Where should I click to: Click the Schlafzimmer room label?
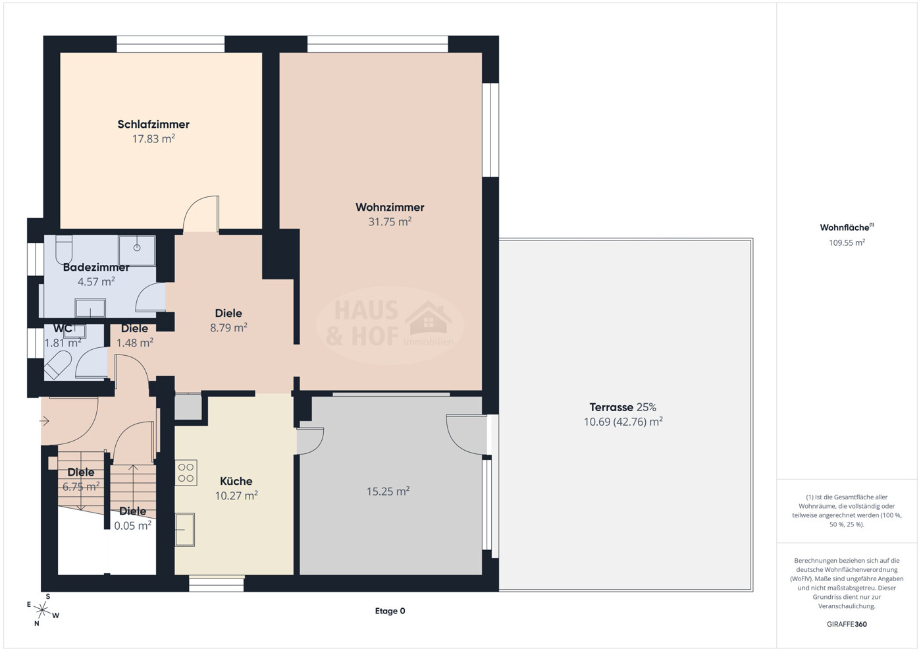tap(153, 125)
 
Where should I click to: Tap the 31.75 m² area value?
tap(390, 222)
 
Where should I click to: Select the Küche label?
tap(236, 481)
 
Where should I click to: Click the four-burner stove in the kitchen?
tap(186, 473)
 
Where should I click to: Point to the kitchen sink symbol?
tap(185, 530)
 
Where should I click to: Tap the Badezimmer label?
tap(96, 268)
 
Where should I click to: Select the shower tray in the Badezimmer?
tap(137, 250)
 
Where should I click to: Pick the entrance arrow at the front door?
tap(44, 421)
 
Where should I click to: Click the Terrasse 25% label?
tap(623, 407)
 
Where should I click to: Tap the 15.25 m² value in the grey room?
tap(388, 492)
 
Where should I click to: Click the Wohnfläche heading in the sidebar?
tap(847, 227)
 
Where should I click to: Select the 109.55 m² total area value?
tap(847, 242)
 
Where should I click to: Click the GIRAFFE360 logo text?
tap(847, 624)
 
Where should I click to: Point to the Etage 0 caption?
tap(390, 611)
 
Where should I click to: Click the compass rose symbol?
tap(42, 610)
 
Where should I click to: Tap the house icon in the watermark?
tap(428, 318)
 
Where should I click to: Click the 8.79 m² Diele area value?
tap(228, 328)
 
